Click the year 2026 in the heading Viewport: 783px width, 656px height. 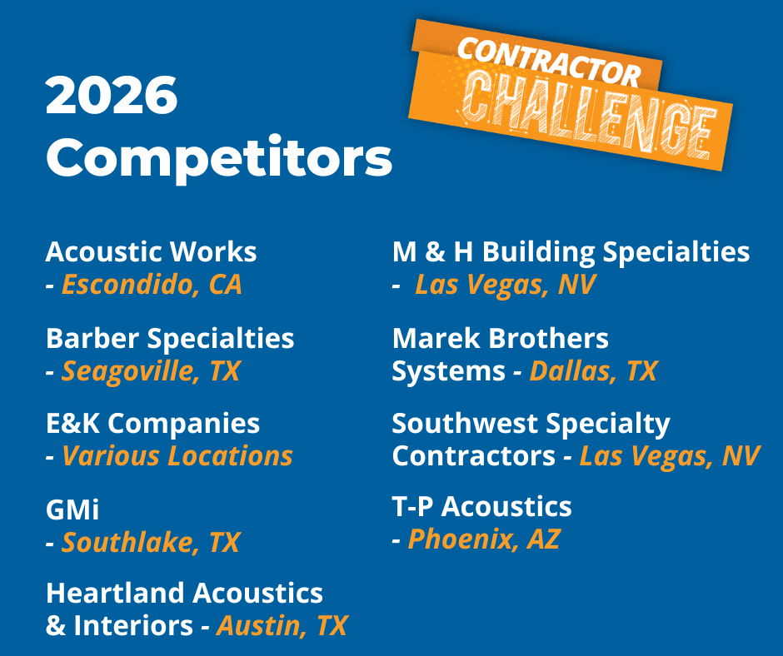click(x=112, y=96)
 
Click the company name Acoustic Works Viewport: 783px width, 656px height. click(x=151, y=251)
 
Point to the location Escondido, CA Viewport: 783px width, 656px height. click(x=152, y=285)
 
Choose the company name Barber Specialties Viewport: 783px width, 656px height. click(x=170, y=340)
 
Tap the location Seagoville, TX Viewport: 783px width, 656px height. click(x=150, y=371)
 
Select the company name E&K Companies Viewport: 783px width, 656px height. click(x=152, y=425)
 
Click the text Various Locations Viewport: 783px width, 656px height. click(x=177, y=456)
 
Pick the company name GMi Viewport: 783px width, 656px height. click(x=72, y=509)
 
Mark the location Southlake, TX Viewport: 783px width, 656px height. click(x=150, y=542)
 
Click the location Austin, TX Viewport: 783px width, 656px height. click(x=282, y=625)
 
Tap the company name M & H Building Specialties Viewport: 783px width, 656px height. click(x=571, y=252)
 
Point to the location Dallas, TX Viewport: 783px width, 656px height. click(x=593, y=371)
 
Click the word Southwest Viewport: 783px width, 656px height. click(x=465, y=424)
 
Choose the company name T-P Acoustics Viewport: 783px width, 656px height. click(x=482, y=506)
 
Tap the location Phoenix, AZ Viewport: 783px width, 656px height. click(x=484, y=539)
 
